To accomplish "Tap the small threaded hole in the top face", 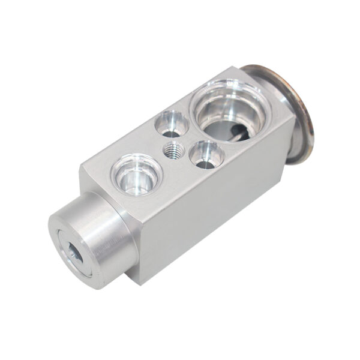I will (x=174, y=149).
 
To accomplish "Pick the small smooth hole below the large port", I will (x=206, y=154).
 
